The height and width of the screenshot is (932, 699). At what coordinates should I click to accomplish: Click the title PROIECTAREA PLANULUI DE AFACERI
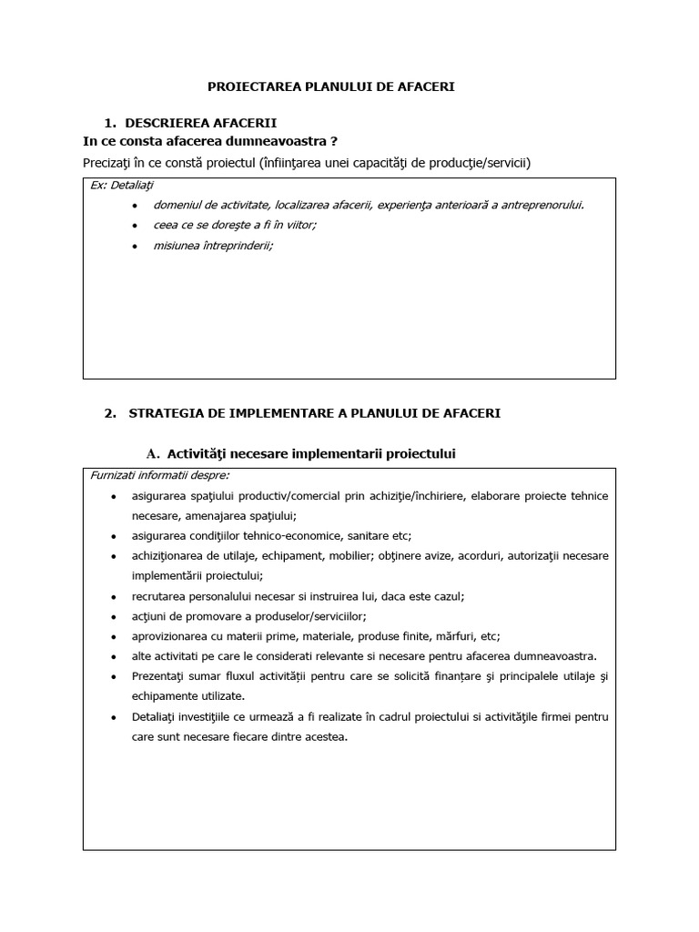[x=331, y=86]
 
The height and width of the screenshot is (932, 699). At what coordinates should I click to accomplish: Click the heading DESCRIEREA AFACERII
[x=201, y=122]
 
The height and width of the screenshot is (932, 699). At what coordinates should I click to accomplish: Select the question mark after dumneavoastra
[x=334, y=140]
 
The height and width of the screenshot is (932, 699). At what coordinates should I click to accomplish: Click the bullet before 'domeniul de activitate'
[x=135, y=206]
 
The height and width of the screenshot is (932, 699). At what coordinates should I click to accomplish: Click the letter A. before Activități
[x=152, y=453]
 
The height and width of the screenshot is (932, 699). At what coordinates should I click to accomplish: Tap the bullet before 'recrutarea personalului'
[x=113, y=597]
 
